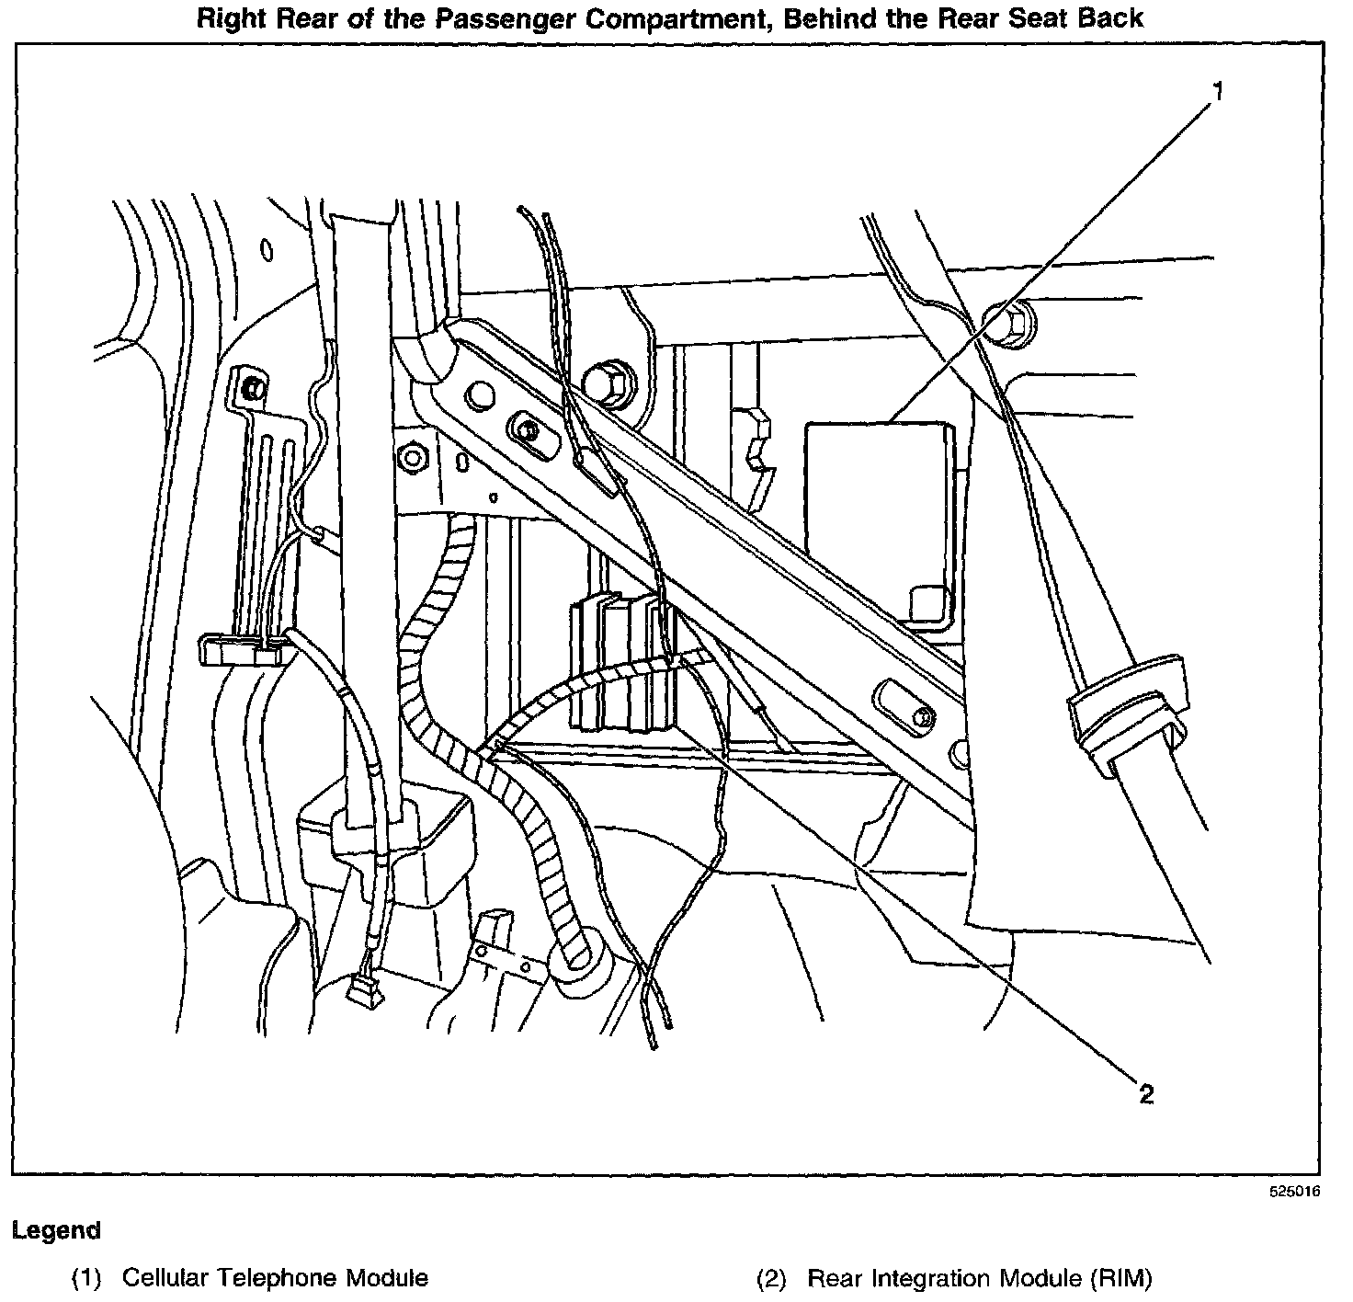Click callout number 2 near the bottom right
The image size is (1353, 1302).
(1145, 1093)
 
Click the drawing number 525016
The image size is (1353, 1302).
(1294, 1191)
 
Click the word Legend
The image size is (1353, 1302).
(56, 1230)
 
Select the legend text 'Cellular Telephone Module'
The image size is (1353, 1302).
(275, 1277)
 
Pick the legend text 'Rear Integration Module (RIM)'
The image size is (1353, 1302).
(978, 1277)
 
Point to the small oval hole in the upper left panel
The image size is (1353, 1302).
(267, 249)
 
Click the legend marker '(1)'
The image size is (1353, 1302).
(88, 1277)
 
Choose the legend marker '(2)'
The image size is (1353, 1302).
(771, 1277)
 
